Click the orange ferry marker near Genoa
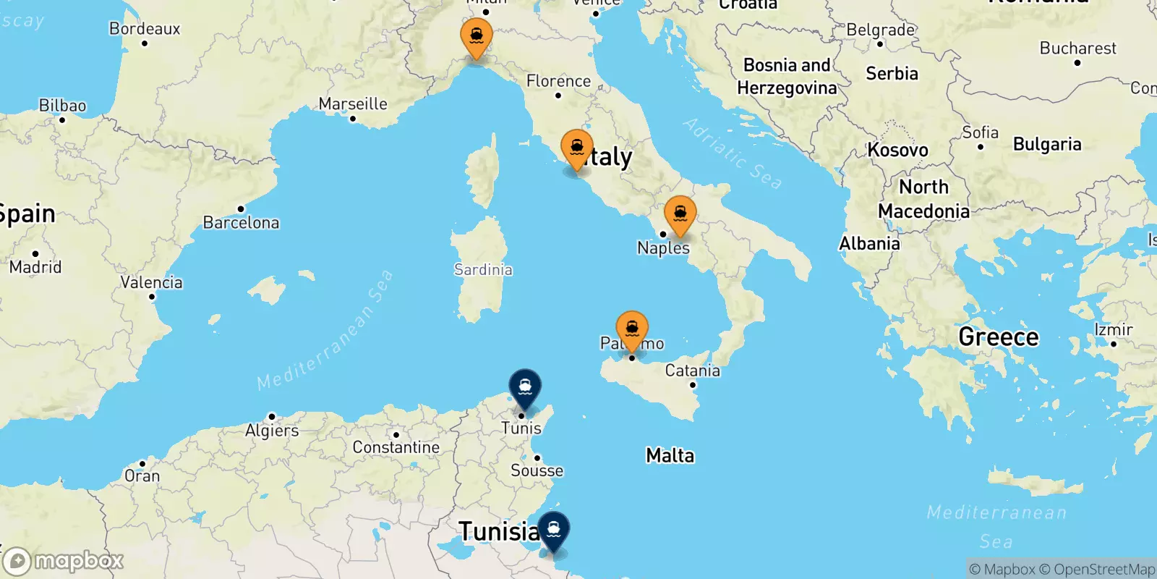(x=477, y=36)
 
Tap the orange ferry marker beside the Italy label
(x=577, y=148)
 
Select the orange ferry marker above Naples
(x=680, y=214)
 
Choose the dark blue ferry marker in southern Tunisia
(x=554, y=530)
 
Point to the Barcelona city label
(x=241, y=222)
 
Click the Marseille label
(x=353, y=103)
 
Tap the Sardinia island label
(x=483, y=269)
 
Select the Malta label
(x=670, y=455)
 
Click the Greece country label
(x=998, y=337)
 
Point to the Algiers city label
(x=272, y=431)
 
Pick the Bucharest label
(x=1077, y=48)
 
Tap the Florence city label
(x=558, y=81)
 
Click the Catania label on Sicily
(x=692, y=371)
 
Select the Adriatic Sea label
(x=733, y=153)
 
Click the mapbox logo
(x=64, y=561)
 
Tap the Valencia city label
(x=151, y=282)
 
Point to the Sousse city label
(x=537, y=470)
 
